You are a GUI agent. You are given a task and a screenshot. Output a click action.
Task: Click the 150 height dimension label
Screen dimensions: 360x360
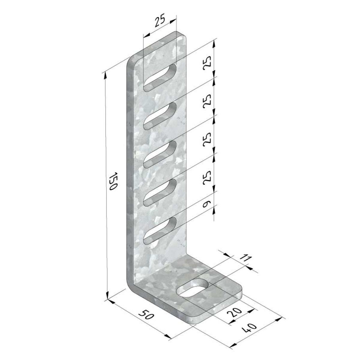pyautogui.click(x=113, y=181)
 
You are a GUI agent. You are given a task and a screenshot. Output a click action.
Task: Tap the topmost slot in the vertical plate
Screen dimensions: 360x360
pyautogui.click(x=160, y=78)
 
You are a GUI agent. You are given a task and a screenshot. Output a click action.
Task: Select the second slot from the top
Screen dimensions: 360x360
pyautogui.click(x=160, y=116)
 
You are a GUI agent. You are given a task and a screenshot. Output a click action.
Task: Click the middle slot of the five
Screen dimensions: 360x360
pyautogui.click(x=160, y=154)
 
